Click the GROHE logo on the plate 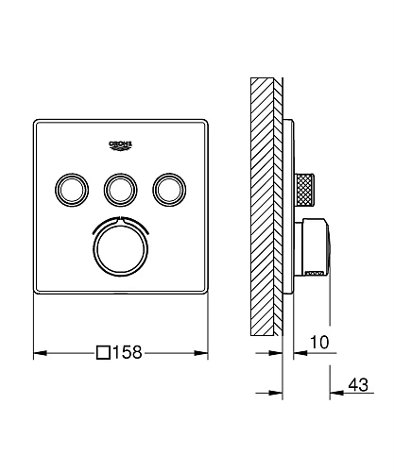point(122,143)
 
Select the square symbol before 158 point(103,354)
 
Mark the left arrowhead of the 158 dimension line point(38,354)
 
